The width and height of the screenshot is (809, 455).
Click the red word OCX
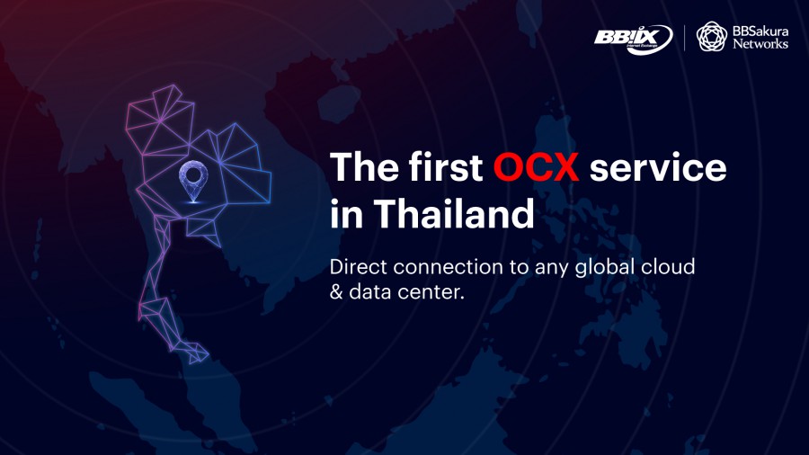(x=536, y=167)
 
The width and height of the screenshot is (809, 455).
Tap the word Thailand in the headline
(x=454, y=213)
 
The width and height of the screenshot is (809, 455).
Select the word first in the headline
(x=446, y=166)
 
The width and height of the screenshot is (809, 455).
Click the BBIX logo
(x=634, y=39)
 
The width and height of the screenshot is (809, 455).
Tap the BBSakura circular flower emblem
(x=712, y=37)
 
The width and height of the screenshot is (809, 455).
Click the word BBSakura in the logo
(x=760, y=31)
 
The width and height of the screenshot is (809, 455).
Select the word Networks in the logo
(x=760, y=44)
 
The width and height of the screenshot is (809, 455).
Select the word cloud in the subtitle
(x=668, y=267)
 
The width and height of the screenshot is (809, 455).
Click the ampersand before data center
(x=336, y=292)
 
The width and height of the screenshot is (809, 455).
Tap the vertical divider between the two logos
(x=685, y=38)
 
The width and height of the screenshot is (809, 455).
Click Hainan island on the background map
(x=339, y=103)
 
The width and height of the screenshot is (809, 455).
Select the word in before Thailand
(x=347, y=214)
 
